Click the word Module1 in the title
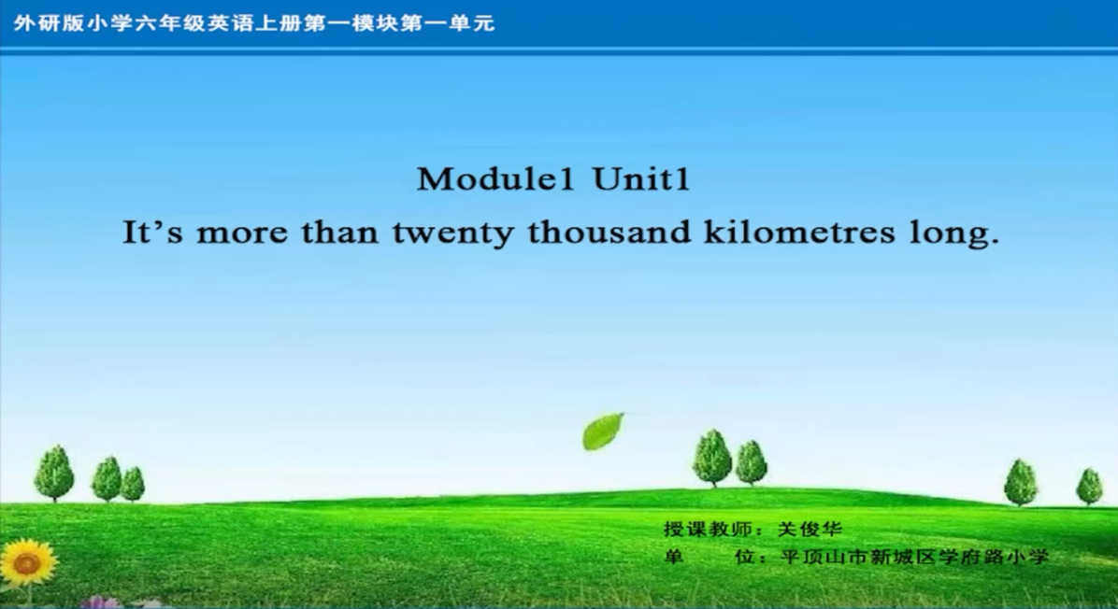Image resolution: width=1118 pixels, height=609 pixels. (495, 178)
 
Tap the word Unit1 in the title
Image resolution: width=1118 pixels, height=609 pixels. (641, 178)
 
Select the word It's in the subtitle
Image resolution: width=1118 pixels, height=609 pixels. (152, 233)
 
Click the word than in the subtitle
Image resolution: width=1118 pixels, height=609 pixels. (339, 233)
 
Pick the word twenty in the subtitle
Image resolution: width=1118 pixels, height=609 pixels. (452, 235)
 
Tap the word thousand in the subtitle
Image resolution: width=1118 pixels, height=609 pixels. (609, 233)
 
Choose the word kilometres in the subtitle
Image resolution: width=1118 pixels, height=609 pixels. (798, 233)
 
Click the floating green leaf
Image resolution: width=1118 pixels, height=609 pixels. (603, 432)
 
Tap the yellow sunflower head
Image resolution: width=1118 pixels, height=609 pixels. (27, 562)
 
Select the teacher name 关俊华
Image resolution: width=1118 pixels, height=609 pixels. (810, 530)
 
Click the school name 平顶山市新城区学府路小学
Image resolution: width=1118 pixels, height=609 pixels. (914, 557)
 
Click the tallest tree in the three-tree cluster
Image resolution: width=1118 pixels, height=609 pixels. (54, 473)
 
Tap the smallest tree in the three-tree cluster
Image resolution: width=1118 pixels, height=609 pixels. (133, 485)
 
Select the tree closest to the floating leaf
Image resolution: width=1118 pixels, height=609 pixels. (712, 458)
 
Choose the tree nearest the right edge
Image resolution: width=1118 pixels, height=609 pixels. (1089, 487)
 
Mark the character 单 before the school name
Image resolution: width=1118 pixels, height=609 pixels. (673, 557)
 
